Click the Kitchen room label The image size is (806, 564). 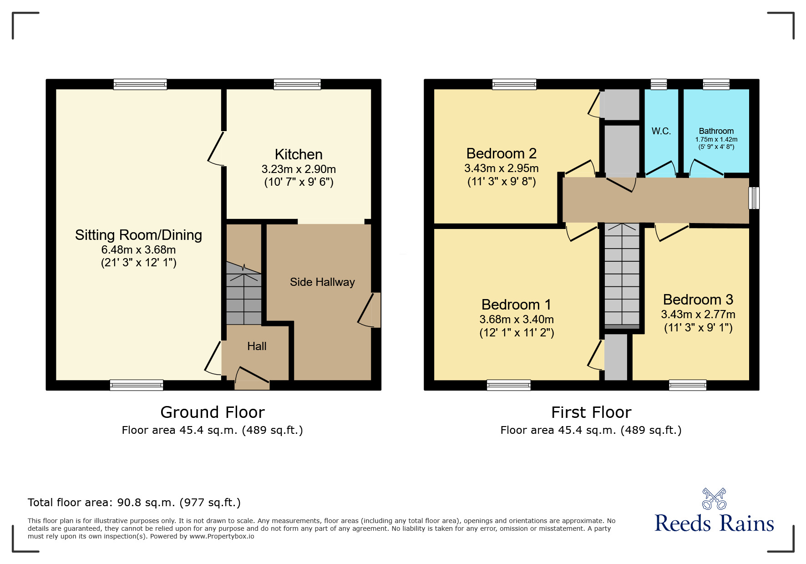tap(299, 154)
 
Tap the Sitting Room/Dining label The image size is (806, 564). tap(138, 235)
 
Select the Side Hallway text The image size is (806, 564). tap(322, 282)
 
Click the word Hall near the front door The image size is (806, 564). tap(257, 346)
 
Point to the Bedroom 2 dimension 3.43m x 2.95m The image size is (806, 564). tap(501, 168)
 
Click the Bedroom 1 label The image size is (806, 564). tap(516, 304)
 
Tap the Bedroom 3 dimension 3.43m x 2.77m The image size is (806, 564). tap(698, 315)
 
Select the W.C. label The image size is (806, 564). tap(661, 131)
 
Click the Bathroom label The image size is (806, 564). tap(716, 131)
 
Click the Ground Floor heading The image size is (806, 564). tap(212, 412)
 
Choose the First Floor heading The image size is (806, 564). tap(591, 412)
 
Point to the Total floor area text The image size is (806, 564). tap(134, 503)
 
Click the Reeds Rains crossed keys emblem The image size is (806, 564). tap(714, 499)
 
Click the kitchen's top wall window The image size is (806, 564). tap(297, 84)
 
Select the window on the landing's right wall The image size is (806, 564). tap(754, 198)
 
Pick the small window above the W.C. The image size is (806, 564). tap(658, 84)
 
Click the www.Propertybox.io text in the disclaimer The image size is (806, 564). tap(222, 536)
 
